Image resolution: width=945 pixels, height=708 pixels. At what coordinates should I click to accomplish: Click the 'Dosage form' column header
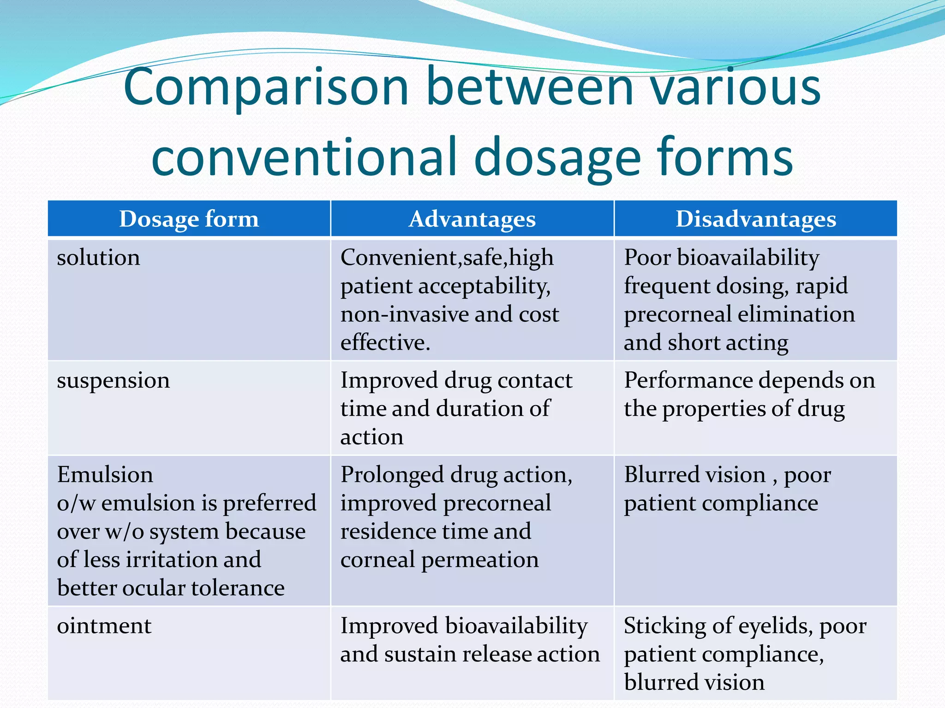pos(189,219)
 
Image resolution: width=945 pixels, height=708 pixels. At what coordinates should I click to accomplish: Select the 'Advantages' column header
pos(472,219)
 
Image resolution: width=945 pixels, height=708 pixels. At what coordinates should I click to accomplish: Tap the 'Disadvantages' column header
pos(756,219)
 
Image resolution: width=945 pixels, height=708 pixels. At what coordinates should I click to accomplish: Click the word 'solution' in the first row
pos(98,257)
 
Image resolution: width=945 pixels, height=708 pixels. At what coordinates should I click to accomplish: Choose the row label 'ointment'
pos(104,626)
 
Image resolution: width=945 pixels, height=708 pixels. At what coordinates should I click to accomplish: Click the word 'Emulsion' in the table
pos(105,475)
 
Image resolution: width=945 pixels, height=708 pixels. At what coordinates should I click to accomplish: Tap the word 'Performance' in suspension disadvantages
pos(688,381)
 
